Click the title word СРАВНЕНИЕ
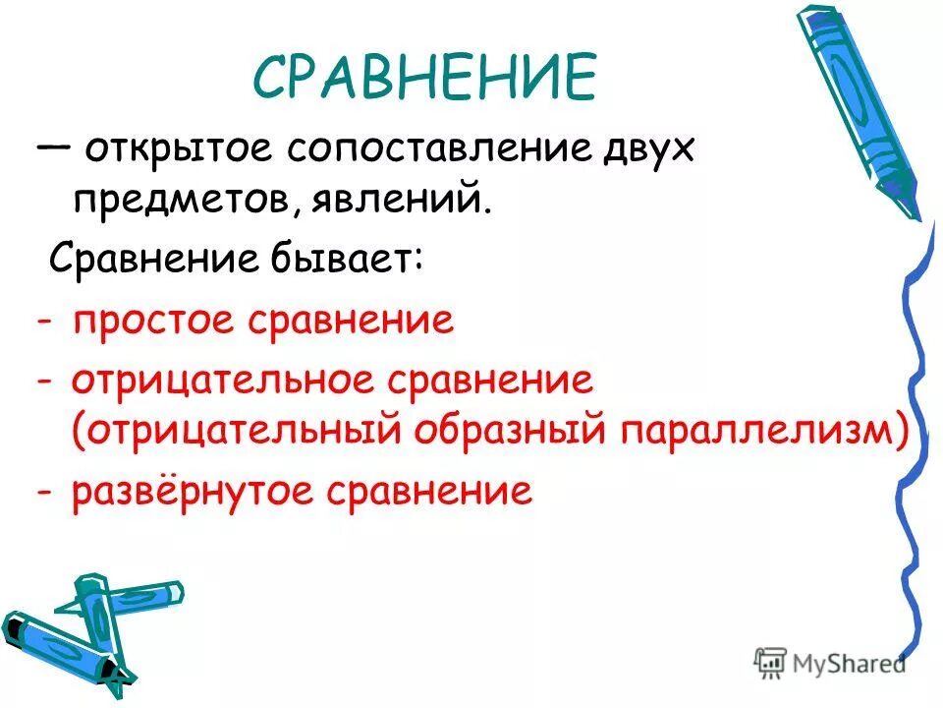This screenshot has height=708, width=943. (x=425, y=76)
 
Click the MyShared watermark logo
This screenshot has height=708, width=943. (x=830, y=662)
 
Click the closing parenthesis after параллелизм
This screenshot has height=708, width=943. (x=902, y=433)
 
